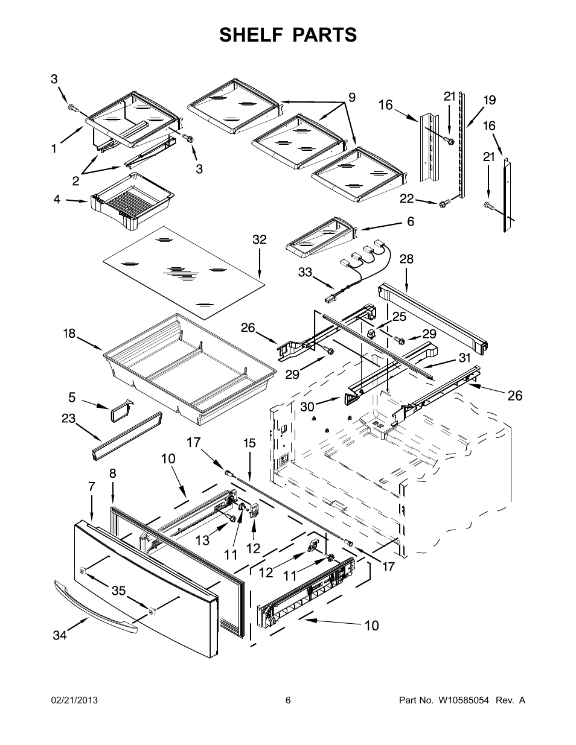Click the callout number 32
260,239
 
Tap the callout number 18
69,333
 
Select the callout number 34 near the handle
60,635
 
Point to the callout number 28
406,259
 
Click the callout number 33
305,272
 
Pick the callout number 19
490,100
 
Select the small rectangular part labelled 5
121,411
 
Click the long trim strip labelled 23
127,436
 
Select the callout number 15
249,443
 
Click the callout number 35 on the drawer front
119,591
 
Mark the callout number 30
307,407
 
